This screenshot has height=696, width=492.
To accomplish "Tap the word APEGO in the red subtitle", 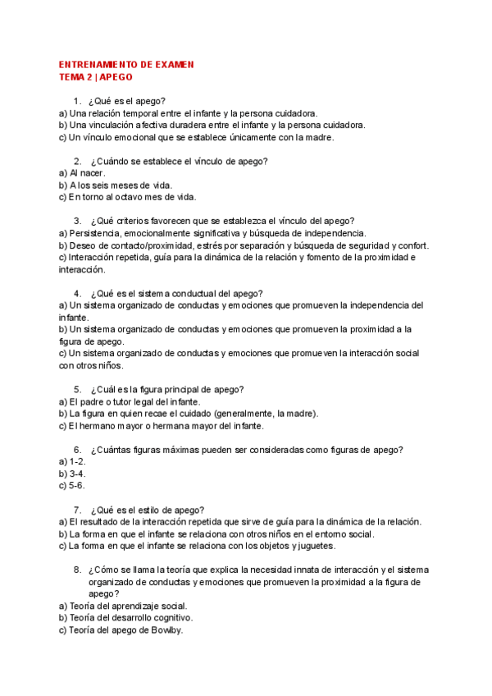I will pos(116,77).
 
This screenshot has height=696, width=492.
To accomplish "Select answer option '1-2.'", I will pos(72,461).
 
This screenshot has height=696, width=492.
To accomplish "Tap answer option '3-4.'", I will pos(72,474).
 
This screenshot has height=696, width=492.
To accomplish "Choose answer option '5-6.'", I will pos(72,485).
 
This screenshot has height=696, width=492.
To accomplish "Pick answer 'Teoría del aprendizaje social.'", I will pos(123,606).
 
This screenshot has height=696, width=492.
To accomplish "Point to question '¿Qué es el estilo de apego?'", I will pos(148,510).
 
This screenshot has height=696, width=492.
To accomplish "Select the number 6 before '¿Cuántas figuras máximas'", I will pos(76,450).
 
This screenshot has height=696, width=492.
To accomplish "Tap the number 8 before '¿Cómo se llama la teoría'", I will pos(76,570).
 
